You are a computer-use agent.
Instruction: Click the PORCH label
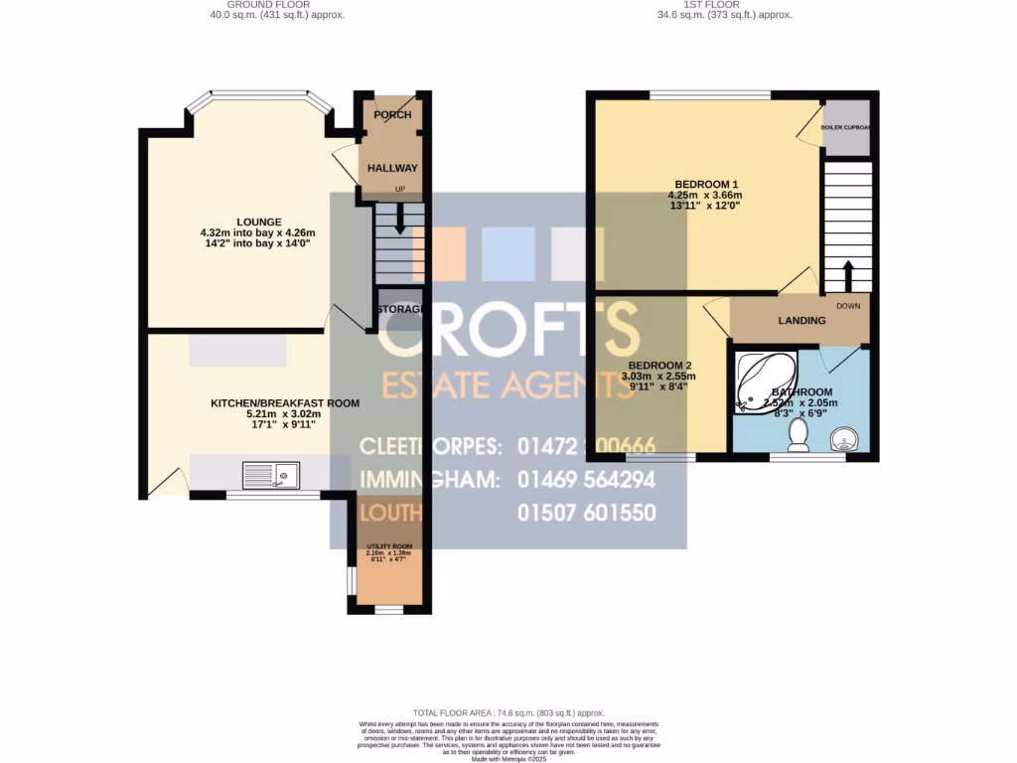tap(392, 115)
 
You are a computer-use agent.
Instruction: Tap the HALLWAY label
tap(392, 169)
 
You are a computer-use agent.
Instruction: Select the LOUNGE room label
tap(259, 222)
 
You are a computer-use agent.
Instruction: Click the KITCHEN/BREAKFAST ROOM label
tap(284, 403)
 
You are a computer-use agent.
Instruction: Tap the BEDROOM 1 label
tap(706, 184)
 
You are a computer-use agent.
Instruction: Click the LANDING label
tap(801, 321)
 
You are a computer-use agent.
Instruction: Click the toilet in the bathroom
tap(797, 433)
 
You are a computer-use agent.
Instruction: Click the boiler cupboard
tap(846, 128)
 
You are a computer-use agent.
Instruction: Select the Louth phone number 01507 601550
tap(586, 514)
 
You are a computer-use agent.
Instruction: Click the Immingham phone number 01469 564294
tap(586, 480)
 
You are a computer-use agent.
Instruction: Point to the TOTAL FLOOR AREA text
tap(508, 713)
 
